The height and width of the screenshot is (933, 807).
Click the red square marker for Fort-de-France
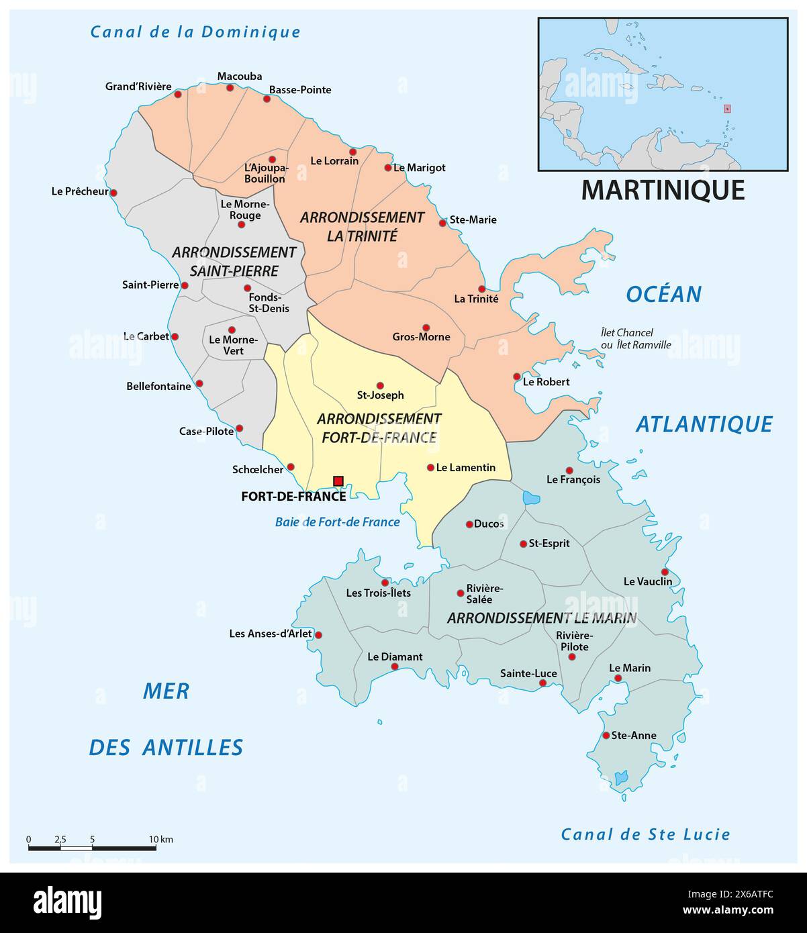pyautogui.click(x=338, y=481)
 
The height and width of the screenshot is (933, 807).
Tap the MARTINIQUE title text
pyautogui.click(x=663, y=190)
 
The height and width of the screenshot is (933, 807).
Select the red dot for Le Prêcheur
pyautogui.click(x=113, y=193)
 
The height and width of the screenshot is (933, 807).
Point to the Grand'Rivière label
pyautogui.click(x=138, y=87)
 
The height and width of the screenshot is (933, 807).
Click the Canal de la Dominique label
pyautogui.click(x=195, y=32)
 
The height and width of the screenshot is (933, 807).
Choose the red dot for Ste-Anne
pyautogui.click(x=606, y=736)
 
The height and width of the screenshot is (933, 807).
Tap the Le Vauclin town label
pyautogui.click(x=647, y=581)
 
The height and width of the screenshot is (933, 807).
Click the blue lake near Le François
pyautogui.click(x=531, y=498)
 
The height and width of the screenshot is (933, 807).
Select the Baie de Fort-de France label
pyautogui.click(x=337, y=522)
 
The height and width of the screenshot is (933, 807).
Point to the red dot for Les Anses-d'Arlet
pyautogui.click(x=319, y=634)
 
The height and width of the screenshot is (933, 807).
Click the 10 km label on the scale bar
pyautogui.click(x=161, y=839)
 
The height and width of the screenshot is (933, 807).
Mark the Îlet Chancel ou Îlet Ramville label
pyautogui.click(x=635, y=338)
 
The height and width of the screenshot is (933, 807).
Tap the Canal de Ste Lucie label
pyautogui.click(x=645, y=834)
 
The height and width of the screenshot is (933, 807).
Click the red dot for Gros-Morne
pyautogui.click(x=426, y=328)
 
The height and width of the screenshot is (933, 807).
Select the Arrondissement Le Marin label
pyautogui.click(x=541, y=618)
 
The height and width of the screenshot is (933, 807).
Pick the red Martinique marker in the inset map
pyautogui.click(x=726, y=109)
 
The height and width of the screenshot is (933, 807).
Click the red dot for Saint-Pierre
pyautogui.click(x=185, y=285)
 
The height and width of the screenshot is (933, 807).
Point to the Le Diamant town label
pyautogui.click(x=395, y=656)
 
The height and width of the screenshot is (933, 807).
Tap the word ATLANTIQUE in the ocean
pyautogui.click(x=704, y=424)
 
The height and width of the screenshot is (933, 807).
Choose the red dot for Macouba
pyautogui.click(x=230, y=87)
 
